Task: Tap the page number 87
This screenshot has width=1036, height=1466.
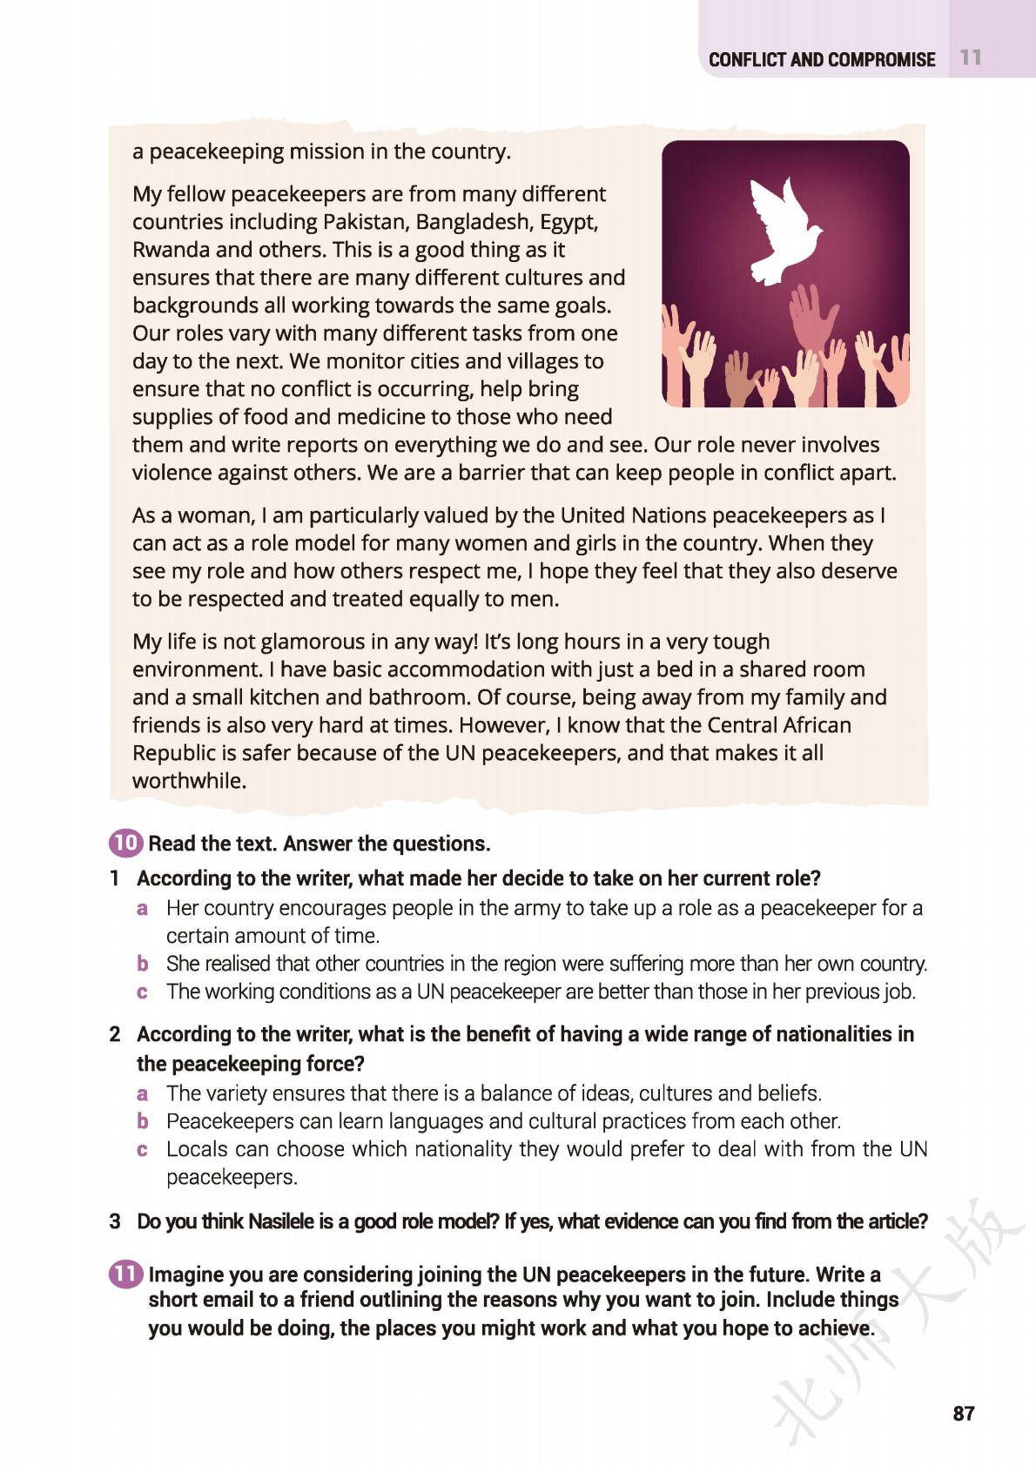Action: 963,1413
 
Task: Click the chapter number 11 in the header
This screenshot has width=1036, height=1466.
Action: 971,58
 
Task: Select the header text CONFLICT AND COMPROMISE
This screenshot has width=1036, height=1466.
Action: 821,59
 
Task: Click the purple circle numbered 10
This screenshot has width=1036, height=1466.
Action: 125,843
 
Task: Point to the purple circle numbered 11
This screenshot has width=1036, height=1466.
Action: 125,1274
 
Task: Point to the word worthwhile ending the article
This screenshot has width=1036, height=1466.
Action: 187,781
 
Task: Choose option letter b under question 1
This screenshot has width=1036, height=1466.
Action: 143,964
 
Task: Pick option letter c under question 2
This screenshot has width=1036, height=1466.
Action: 143,1149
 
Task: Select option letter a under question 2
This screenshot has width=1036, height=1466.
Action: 143,1093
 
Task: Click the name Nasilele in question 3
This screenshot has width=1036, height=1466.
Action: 285,1221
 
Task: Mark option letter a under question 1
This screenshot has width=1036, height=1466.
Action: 143,908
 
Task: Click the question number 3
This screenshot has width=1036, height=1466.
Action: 115,1221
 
